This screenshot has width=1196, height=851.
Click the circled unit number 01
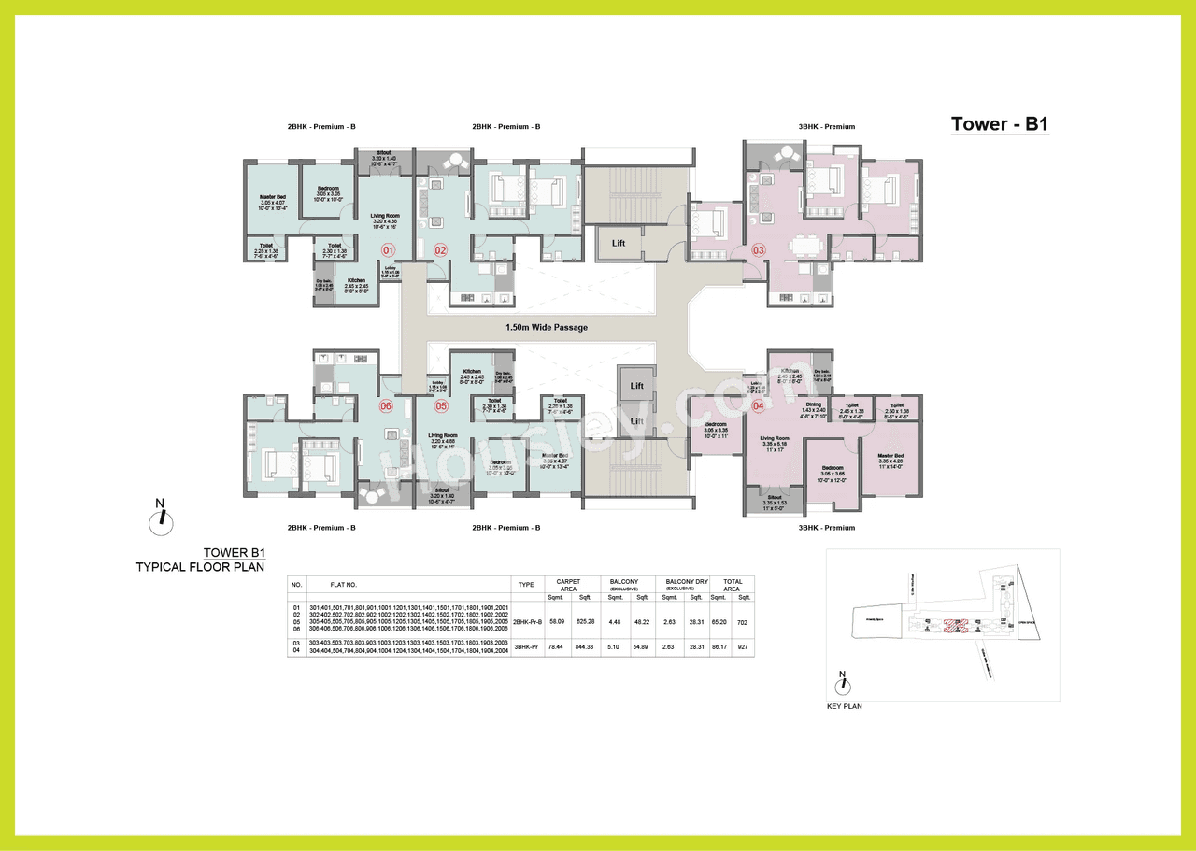tap(388, 249)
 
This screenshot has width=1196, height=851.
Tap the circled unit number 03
tap(758, 249)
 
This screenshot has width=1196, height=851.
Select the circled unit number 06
tap(384, 406)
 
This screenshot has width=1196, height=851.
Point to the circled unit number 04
tap(758, 405)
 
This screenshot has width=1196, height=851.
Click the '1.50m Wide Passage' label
tap(546, 328)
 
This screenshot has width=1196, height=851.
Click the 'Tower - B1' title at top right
tap(999, 124)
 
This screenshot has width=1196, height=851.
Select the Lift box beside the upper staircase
tap(618, 243)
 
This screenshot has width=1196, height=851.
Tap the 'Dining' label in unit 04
tap(813, 404)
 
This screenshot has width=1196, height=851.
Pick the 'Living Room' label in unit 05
tap(442, 435)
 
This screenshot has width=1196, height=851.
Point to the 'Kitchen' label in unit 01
tap(356, 281)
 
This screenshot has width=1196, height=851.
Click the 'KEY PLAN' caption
tap(845, 706)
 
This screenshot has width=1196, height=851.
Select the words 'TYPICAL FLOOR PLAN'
tap(200, 566)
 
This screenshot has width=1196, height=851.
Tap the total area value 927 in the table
tap(744, 646)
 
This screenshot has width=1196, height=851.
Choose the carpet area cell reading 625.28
tap(586, 620)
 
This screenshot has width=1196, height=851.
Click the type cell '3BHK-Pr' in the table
tap(527, 646)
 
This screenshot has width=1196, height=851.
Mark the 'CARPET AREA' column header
tap(568, 586)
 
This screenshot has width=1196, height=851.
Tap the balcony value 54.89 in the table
tap(642, 646)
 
